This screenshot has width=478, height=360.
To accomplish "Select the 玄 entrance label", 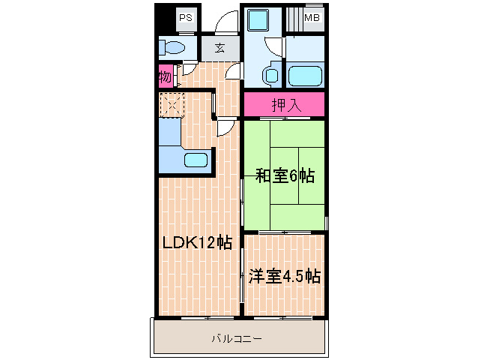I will click(220, 49).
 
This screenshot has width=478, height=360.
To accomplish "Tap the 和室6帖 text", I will click(284, 177).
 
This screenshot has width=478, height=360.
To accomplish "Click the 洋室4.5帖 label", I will click(284, 276).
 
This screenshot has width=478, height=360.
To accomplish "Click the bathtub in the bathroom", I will click(304, 76).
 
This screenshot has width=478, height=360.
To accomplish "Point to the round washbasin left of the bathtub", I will click(271, 75).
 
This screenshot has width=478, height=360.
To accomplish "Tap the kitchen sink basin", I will click(197, 160).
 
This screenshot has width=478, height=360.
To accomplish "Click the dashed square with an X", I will click(172, 104).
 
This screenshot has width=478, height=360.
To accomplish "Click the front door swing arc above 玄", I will click(226, 25).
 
